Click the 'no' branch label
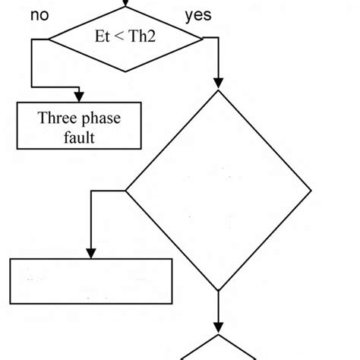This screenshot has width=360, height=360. [41, 16]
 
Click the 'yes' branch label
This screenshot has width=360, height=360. [198, 16]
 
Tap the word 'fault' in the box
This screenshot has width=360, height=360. [79, 137]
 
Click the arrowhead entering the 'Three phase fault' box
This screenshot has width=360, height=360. [79, 95]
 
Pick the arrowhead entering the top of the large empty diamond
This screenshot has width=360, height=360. [219, 84]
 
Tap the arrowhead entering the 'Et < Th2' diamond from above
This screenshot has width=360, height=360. [125, 4]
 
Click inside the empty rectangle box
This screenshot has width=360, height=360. [90, 281]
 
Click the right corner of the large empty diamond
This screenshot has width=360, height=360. [311, 190]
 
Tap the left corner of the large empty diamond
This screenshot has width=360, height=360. [125, 190]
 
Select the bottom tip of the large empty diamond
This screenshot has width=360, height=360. [219, 291]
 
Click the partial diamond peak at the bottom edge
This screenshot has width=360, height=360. [219, 336]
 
